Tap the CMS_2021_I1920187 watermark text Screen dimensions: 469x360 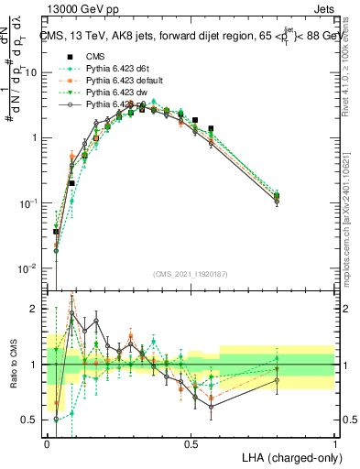pos(191,274)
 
